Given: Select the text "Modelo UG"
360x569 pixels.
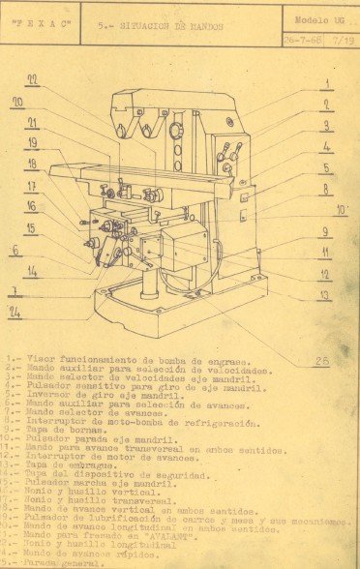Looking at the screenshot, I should [x=320, y=18].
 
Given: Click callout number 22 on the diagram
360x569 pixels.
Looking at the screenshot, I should [x=32, y=80].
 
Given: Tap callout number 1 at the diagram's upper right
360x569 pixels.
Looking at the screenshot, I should [x=327, y=84].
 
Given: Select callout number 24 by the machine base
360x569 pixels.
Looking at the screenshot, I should [x=15, y=312].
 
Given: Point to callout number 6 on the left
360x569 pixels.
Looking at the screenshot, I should [x=15, y=250].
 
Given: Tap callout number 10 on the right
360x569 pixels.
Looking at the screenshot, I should [x=341, y=210].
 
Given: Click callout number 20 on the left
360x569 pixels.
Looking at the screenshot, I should [x=18, y=102].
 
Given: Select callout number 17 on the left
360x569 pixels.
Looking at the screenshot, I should [x=32, y=187].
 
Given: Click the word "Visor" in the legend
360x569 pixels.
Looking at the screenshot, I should [x=42, y=360].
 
